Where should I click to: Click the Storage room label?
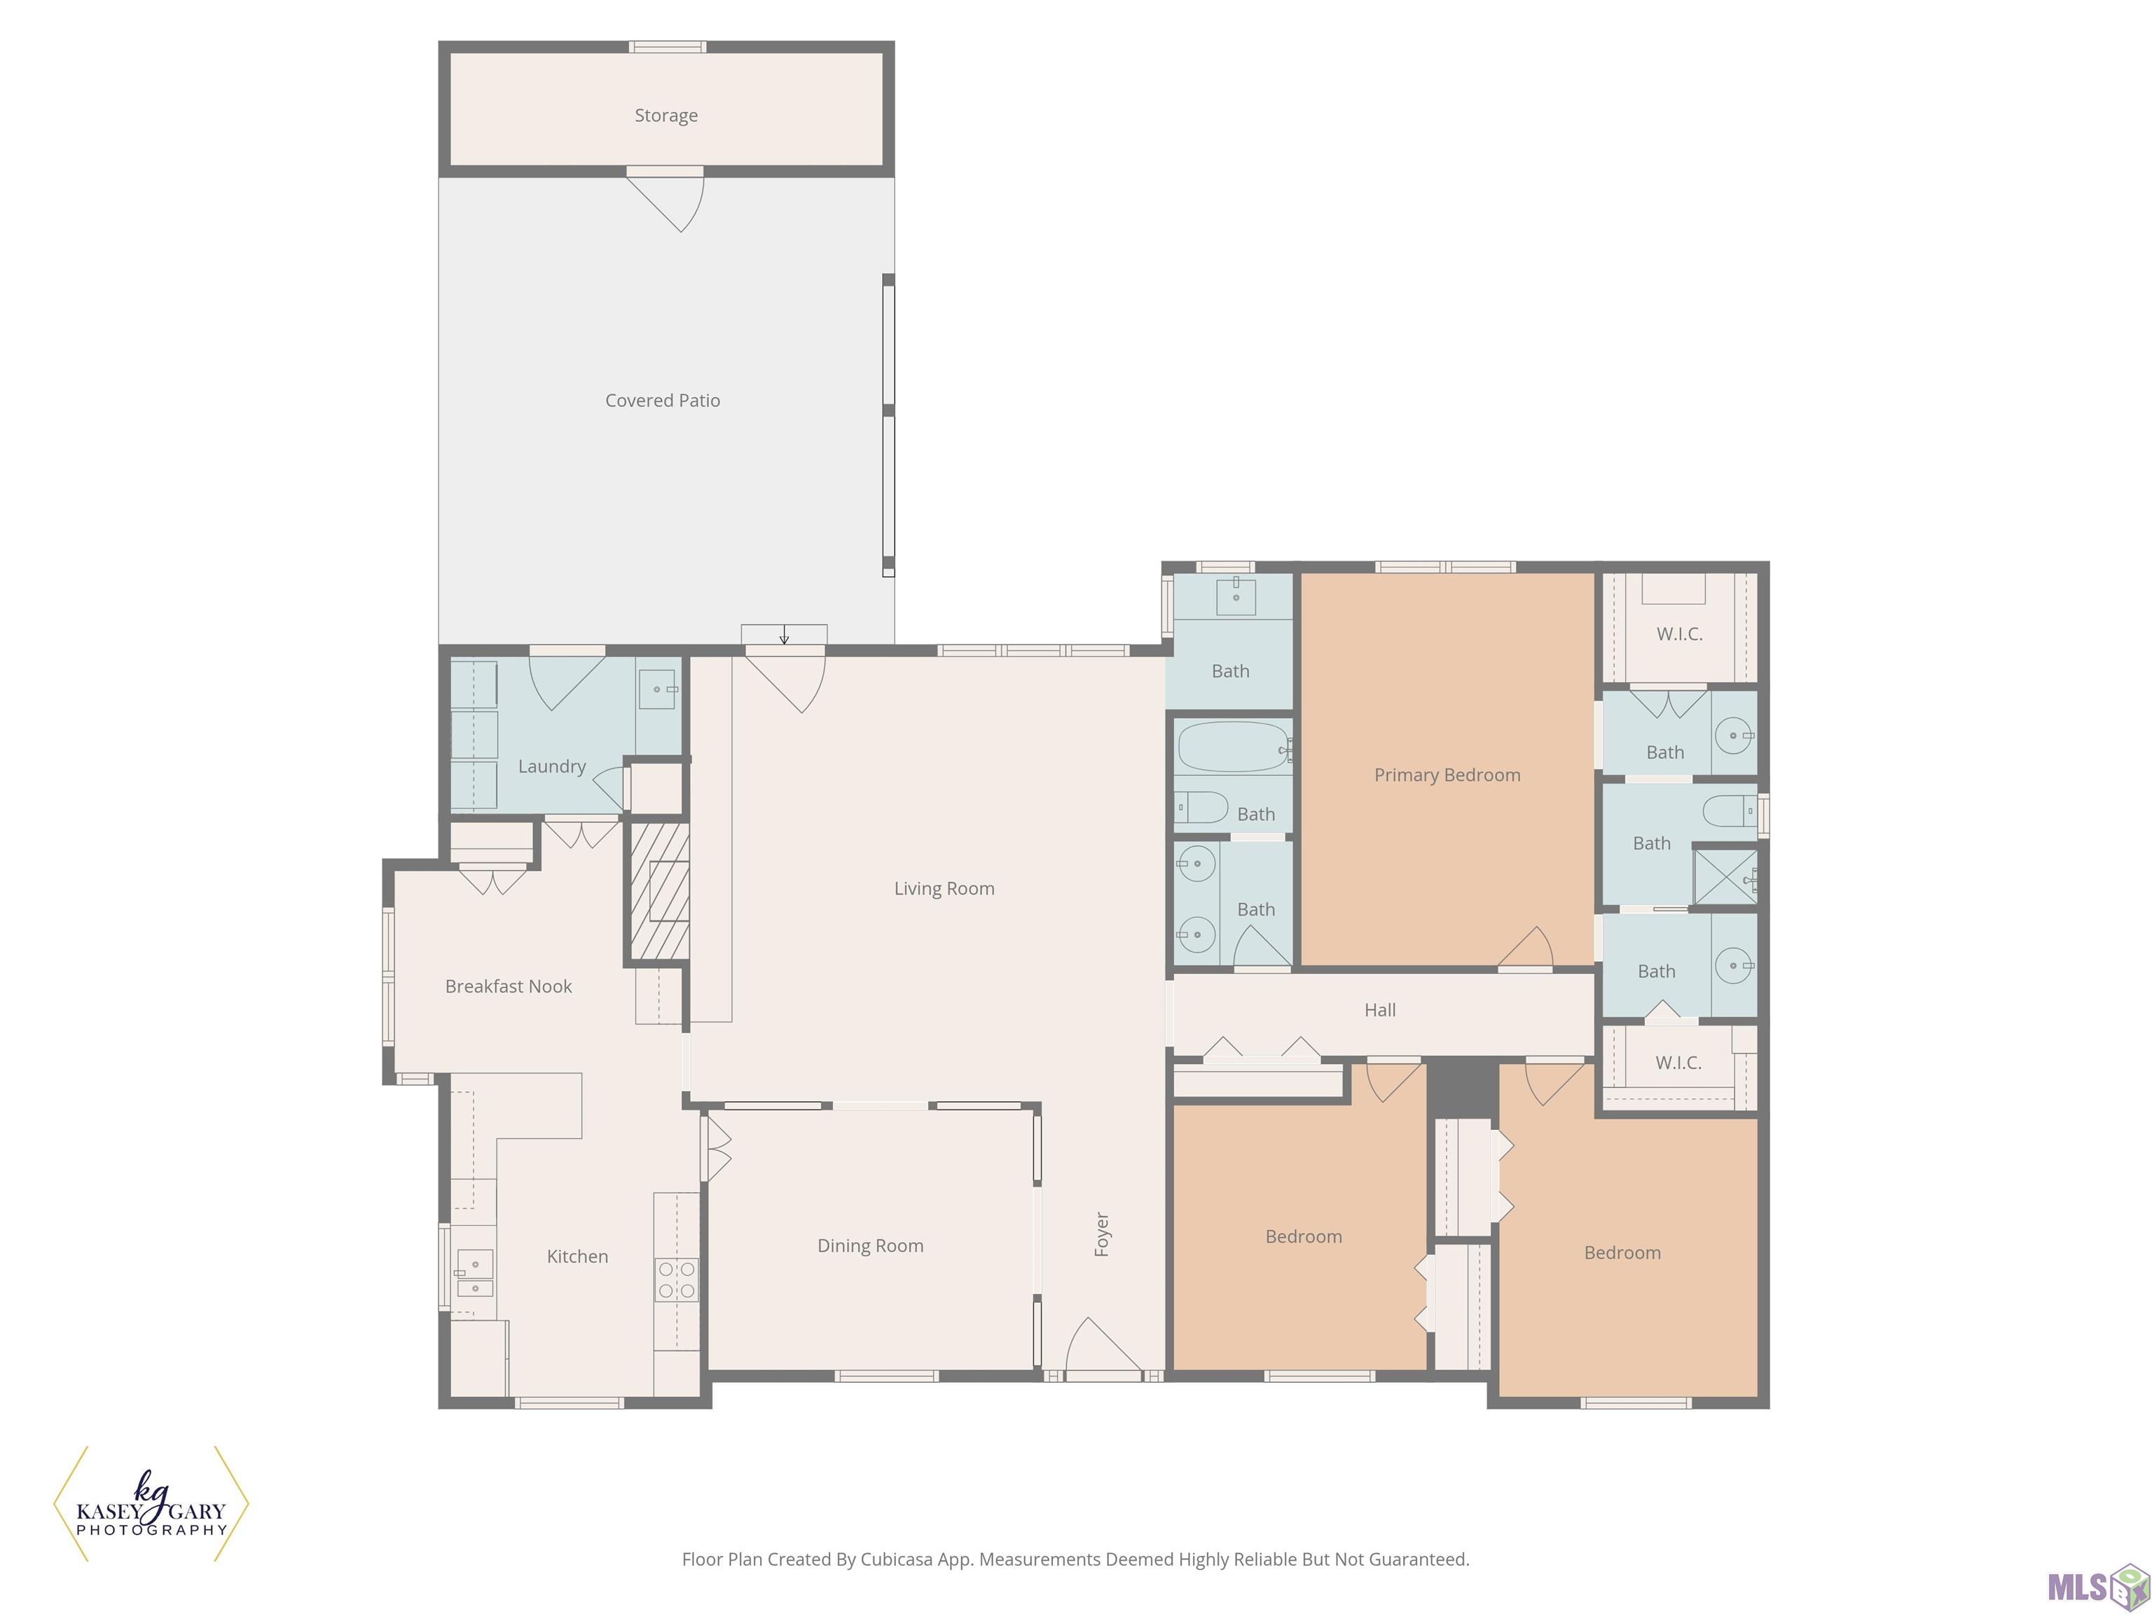(665, 116)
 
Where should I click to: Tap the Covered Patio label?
(663, 400)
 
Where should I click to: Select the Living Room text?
(944, 888)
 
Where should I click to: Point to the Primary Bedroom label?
(1447, 775)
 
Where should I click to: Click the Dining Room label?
(870, 1246)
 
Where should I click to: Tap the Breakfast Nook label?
(508, 986)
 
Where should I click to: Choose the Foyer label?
(1102, 1234)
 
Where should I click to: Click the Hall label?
(1379, 1010)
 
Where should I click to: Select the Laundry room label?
(551, 766)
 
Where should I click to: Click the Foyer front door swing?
(1103, 1347)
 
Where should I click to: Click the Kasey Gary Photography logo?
(151, 1503)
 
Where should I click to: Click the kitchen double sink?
(475, 1274)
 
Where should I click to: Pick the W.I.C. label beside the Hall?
(1678, 1063)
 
